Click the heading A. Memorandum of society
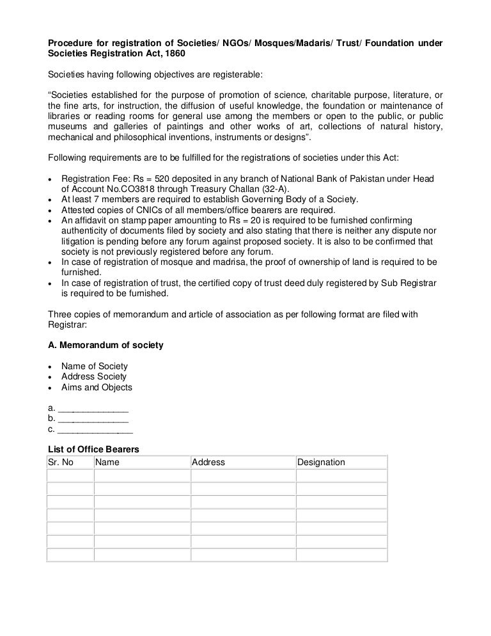click(x=105, y=345)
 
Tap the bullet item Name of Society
click(x=95, y=366)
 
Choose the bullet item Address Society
click(x=93, y=377)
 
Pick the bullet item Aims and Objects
click(x=97, y=387)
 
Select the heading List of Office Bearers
click(x=93, y=450)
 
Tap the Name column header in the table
click(x=107, y=462)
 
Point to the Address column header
click(x=208, y=462)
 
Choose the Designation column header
click(x=321, y=462)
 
